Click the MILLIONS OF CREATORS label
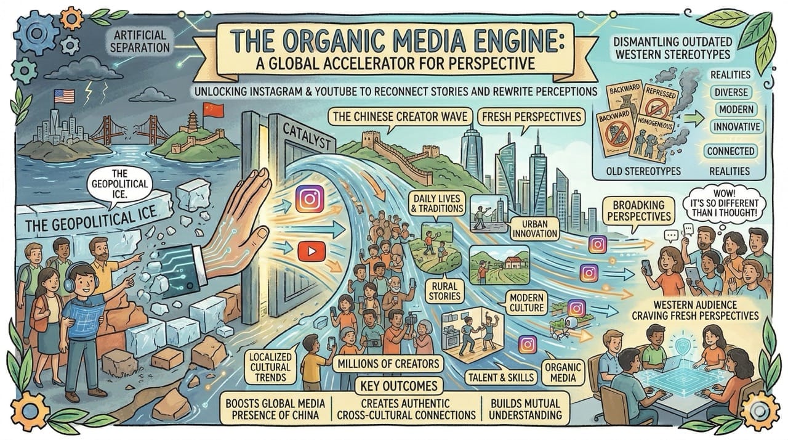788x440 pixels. pos(388,364)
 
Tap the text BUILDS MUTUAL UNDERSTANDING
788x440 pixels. pos(526,410)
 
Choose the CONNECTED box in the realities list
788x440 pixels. pos(731,151)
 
